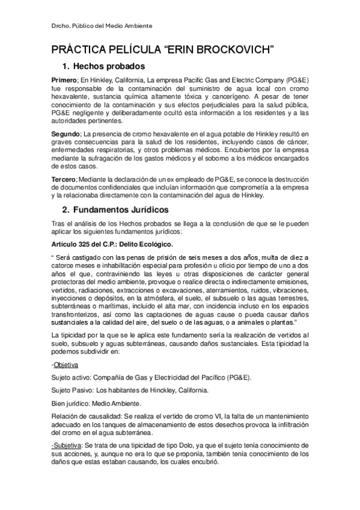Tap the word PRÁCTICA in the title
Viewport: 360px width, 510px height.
point(80,49)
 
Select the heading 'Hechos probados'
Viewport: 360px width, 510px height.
point(114,66)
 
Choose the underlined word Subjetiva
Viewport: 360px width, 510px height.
point(69,444)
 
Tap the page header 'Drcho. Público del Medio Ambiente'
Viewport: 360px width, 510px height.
point(101,26)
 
